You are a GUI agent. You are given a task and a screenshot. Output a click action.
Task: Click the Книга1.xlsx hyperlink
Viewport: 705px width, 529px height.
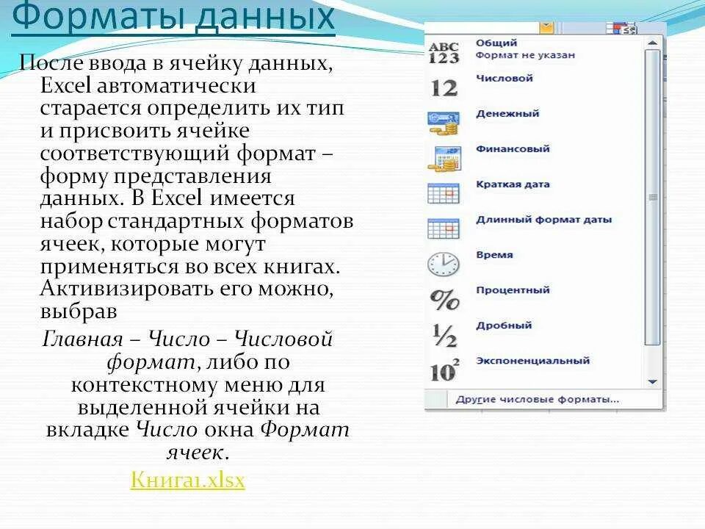[187, 481]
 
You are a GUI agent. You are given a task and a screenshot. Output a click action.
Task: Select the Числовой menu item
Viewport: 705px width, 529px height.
[504, 79]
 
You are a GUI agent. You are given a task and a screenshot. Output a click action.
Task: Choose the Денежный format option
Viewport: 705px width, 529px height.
[507, 114]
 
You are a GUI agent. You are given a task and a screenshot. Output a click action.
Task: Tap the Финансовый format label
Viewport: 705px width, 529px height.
[513, 149]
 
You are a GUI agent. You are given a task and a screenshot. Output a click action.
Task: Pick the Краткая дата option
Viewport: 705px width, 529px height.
[513, 184]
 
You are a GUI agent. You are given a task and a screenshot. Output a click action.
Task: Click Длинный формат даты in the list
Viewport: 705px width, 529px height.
[543, 220]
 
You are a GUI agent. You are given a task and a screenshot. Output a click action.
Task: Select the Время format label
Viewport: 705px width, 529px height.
[494, 255]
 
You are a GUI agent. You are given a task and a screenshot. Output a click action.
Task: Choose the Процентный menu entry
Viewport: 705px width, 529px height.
[513, 290]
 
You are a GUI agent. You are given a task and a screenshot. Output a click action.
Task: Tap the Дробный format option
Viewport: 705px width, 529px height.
[504, 325]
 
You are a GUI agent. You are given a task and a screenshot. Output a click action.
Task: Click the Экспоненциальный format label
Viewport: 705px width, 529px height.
[532, 361]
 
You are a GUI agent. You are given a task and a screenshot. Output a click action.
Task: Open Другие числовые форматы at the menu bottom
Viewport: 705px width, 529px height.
[537, 400]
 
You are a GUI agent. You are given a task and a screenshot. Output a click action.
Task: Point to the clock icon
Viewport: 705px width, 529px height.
[443, 264]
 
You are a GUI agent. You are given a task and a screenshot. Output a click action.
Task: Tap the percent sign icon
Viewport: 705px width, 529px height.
[443, 299]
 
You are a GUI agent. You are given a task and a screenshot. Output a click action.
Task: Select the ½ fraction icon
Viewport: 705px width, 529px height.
[443, 335]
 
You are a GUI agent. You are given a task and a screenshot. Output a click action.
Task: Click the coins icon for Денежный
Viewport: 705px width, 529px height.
[443, 123]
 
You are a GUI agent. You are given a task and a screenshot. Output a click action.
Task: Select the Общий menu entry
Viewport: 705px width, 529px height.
[496, 43]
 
